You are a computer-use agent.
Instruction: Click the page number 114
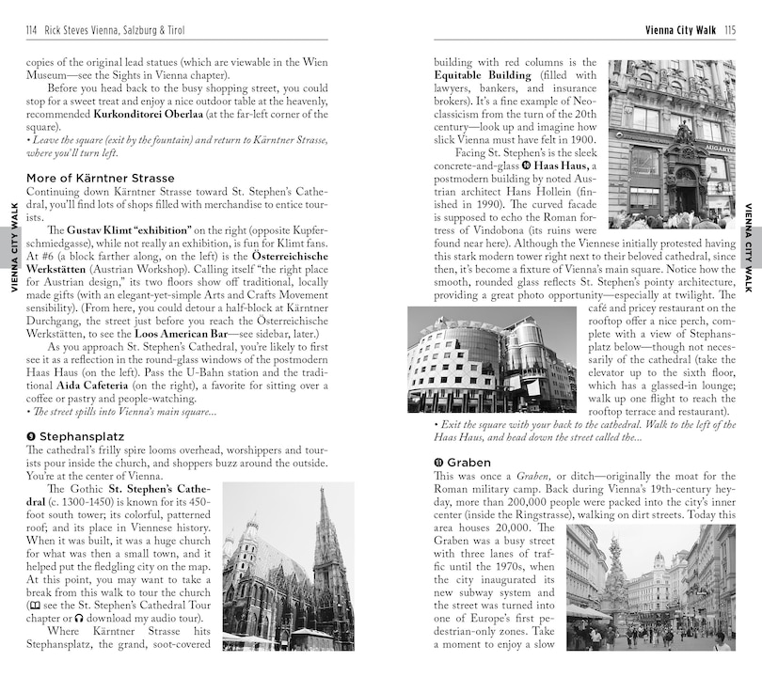click(x=32, y=30)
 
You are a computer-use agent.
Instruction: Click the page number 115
click(x=729, y=30)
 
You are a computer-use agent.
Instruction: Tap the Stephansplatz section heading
click(x=74, y=436)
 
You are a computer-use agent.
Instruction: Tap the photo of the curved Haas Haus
click(x=491, y=359)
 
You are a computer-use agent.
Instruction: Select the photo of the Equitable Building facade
click(x=671, y=145)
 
